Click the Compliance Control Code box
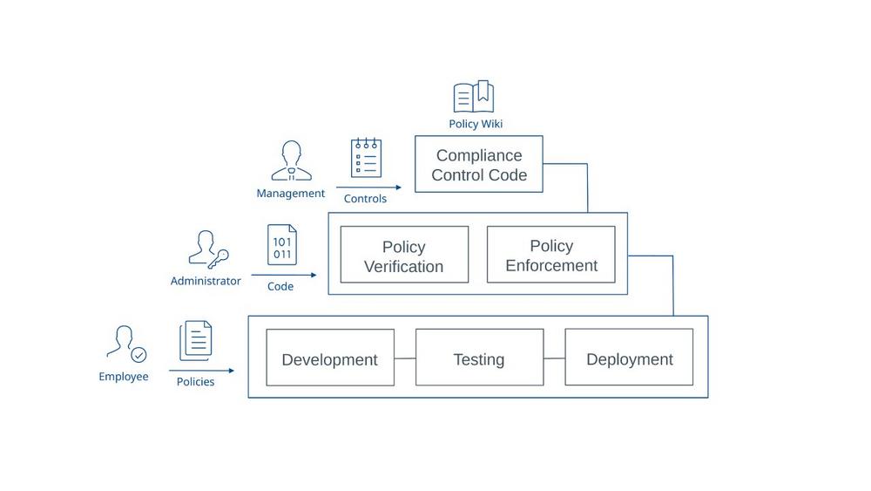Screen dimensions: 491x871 click(478, 164)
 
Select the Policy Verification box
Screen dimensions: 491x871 click(404, 255)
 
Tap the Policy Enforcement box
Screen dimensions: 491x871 click(550, 255)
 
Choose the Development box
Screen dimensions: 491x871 click(329, 358)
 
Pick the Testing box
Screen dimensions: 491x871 click(479, 358)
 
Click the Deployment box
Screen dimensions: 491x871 click(629, 358)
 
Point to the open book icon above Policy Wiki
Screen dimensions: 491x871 click(474, 97)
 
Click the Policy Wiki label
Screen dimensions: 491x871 click(476, 124)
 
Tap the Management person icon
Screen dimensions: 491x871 click(291, 161)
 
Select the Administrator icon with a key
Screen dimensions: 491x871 click(208, 249)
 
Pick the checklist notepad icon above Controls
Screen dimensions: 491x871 click(366, 158)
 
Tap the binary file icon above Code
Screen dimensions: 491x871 click(282, 245)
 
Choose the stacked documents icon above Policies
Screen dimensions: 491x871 click(196, 341)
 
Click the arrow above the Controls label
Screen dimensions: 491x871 click(368, 188)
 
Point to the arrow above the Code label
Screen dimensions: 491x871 click(284, 276)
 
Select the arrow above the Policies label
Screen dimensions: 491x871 click(201, 371)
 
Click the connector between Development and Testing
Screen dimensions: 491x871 click(405, 358)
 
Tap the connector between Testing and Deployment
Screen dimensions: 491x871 click(554, 358)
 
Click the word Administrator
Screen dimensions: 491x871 click(206, 281)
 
